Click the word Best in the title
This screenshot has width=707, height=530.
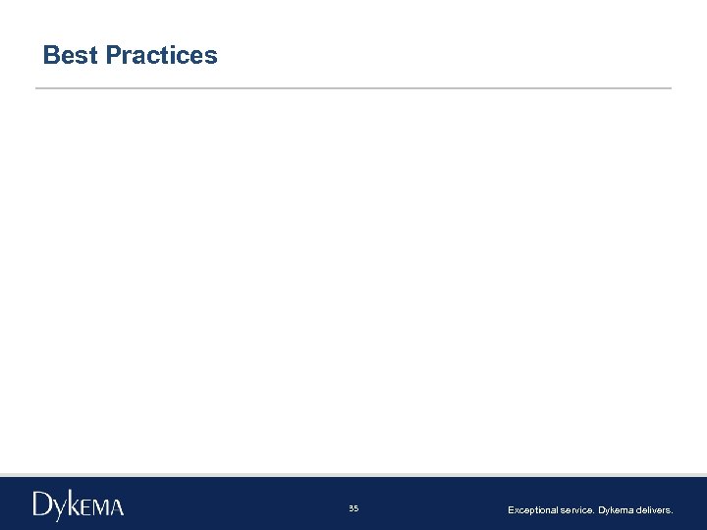[70, 55]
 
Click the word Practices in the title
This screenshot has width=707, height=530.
[161, 55]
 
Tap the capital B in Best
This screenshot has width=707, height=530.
[52, 55]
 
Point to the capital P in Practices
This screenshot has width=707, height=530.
[113, 55]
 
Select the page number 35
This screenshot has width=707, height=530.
[353, 508]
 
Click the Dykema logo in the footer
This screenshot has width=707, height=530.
[79, 505]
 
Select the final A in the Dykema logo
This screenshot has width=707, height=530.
[117, 507]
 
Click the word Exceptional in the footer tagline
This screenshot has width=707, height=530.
[531, 510]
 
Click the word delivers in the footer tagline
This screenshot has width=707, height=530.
[655, 510]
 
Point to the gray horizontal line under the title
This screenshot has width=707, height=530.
[353, 88]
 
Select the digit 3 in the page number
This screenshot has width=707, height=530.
[351, 508]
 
